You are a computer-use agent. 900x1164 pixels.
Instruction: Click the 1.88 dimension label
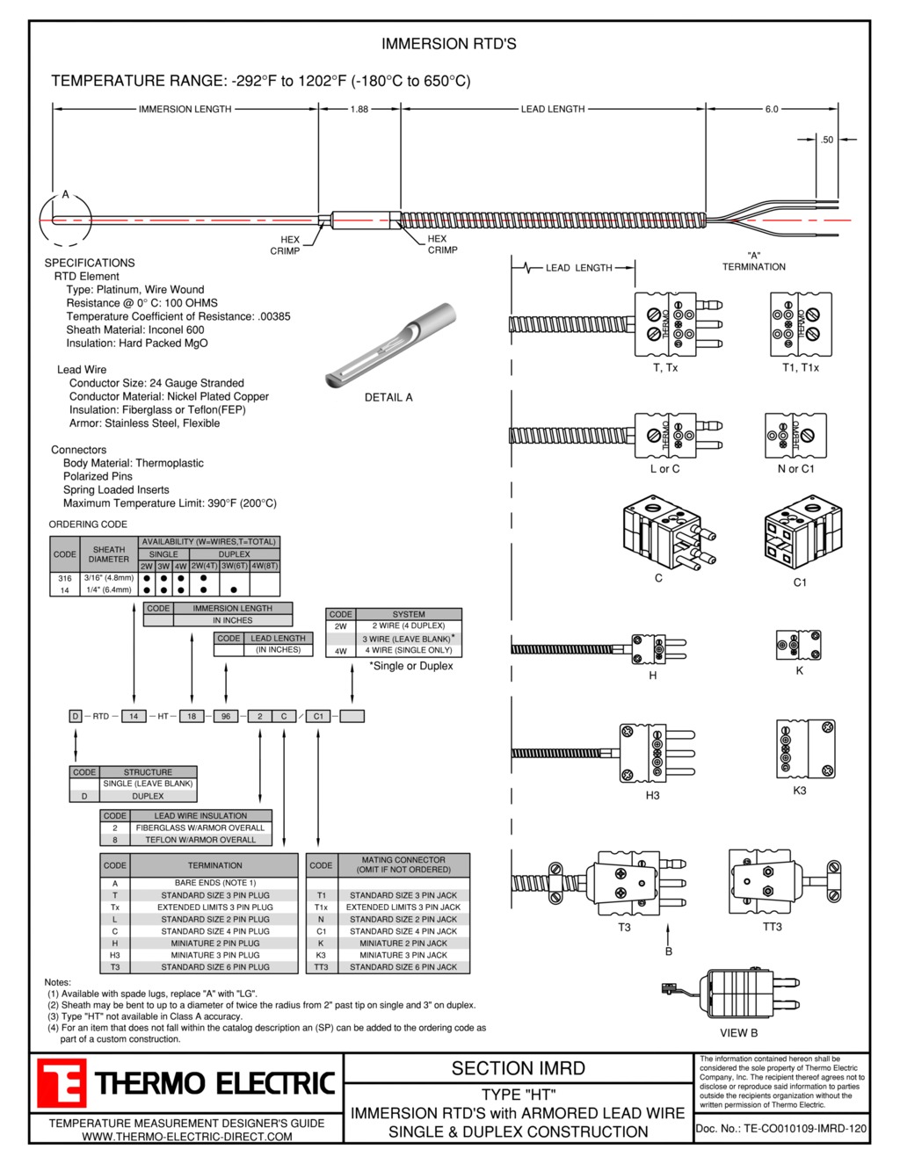359,109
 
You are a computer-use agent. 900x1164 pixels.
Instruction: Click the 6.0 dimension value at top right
772,109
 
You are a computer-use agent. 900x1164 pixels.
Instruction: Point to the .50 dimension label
827,140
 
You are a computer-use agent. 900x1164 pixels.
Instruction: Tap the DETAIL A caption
388,397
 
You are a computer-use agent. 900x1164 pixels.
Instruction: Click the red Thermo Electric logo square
62,1082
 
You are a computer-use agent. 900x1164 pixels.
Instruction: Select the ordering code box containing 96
226,716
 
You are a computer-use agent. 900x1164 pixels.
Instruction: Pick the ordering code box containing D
76,716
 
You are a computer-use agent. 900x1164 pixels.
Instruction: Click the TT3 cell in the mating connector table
321,967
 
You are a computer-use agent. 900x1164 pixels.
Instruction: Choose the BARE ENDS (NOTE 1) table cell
214,883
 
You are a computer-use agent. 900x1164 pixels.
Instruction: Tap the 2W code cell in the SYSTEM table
341,625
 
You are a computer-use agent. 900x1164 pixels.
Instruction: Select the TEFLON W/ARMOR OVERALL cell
200,840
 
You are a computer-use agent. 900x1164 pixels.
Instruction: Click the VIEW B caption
739,1033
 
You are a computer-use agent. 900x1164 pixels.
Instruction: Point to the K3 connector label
799,790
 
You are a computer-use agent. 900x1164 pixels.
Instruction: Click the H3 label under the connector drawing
652,795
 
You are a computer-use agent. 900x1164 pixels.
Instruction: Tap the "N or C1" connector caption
796,469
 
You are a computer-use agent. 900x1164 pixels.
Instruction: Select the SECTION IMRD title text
518,1068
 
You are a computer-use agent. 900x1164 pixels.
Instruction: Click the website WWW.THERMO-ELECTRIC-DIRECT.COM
187,1136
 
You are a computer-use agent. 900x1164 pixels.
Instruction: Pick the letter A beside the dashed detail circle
65,194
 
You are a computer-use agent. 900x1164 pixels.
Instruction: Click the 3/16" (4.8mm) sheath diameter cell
109,578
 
